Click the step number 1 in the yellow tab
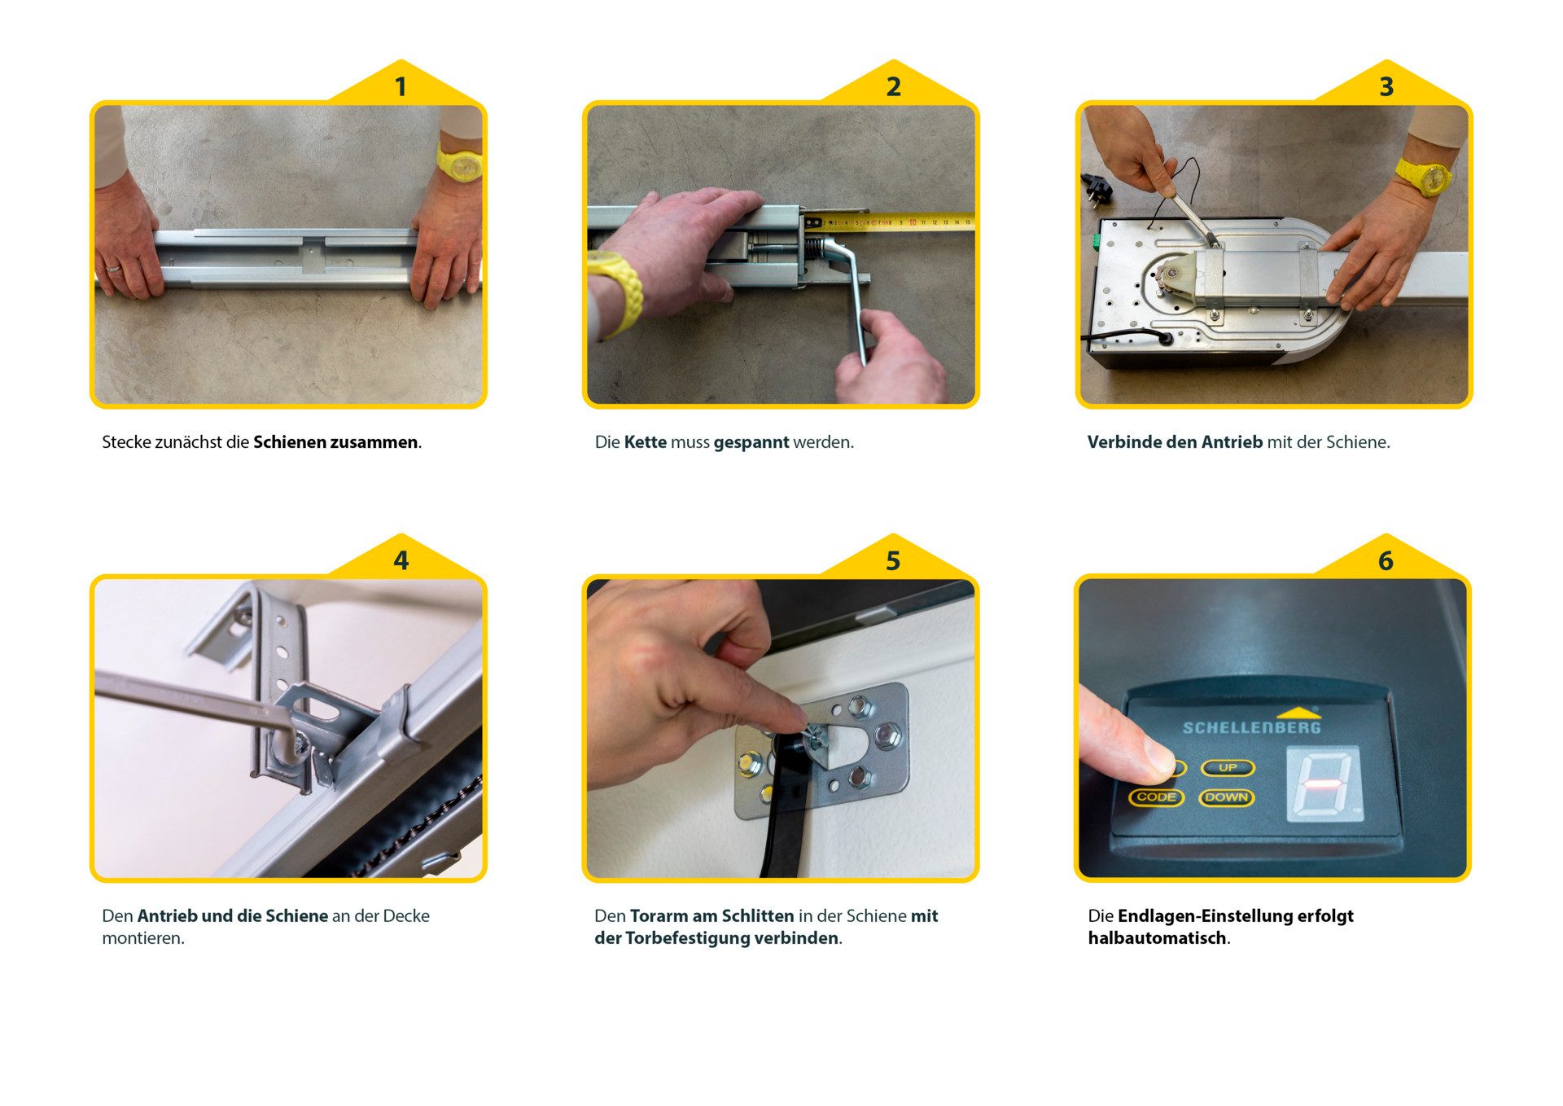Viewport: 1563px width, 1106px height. [x=400, y=86]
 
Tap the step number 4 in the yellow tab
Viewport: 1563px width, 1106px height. [x=401, y=560]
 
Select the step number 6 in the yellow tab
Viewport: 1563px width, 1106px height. [x=1386, y=560]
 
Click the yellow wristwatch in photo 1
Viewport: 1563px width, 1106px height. [x=460, y=161]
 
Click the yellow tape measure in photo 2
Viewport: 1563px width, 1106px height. [x=895, y=221]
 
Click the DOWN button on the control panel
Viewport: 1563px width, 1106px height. [x=1226, y=797]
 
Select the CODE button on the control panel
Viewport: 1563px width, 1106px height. [x=1156, y=797]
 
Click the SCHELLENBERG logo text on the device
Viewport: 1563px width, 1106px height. [x=1251, y=727]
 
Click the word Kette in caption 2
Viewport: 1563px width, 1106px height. [x=645, y=442]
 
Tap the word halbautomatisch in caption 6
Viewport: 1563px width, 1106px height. [x=1157, y=938]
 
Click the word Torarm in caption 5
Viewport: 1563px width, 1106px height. [x=659, y=916]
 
